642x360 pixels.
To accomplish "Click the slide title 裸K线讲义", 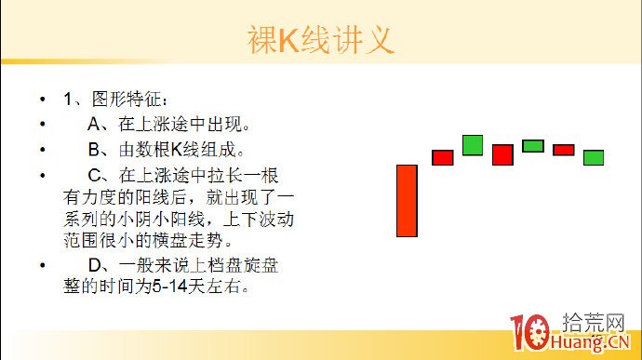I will coord(320,40).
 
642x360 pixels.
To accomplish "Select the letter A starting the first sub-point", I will coord(93,124).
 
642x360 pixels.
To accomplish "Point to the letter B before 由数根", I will coord(93,149).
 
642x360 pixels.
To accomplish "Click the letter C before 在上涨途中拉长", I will coord(93,174).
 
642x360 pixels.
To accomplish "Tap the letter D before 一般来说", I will coord(93,265).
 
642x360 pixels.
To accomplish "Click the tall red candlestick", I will coord(407,200).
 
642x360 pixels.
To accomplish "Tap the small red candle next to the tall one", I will coord(442,157).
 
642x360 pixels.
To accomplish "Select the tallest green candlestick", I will coord(473,145).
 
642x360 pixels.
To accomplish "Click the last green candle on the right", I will coord(594,157).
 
